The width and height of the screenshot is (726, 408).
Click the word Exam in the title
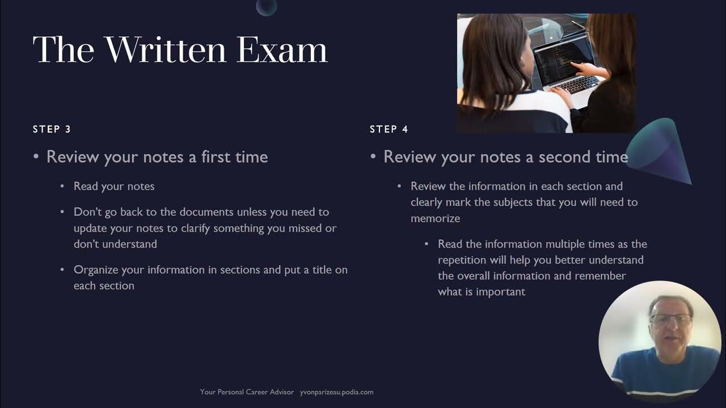[x=282, y=50]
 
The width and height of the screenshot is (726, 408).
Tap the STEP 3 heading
[x=52, y=129]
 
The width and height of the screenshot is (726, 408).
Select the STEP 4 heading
[x=389, y=129]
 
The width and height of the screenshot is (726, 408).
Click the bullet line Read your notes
[x=114, y=186]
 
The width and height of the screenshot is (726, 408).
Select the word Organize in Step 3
[x=96, y=270]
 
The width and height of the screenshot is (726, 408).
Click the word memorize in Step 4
[x=435, y=218]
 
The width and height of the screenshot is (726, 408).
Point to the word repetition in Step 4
[x=462, y=260]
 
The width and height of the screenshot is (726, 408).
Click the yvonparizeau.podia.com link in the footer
[x=337, y=392]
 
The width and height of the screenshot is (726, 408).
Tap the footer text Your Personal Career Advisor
[x=247, y=392]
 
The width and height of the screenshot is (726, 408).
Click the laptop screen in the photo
[x=563, y=62]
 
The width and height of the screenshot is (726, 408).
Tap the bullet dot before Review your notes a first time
[x=36, y=157]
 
